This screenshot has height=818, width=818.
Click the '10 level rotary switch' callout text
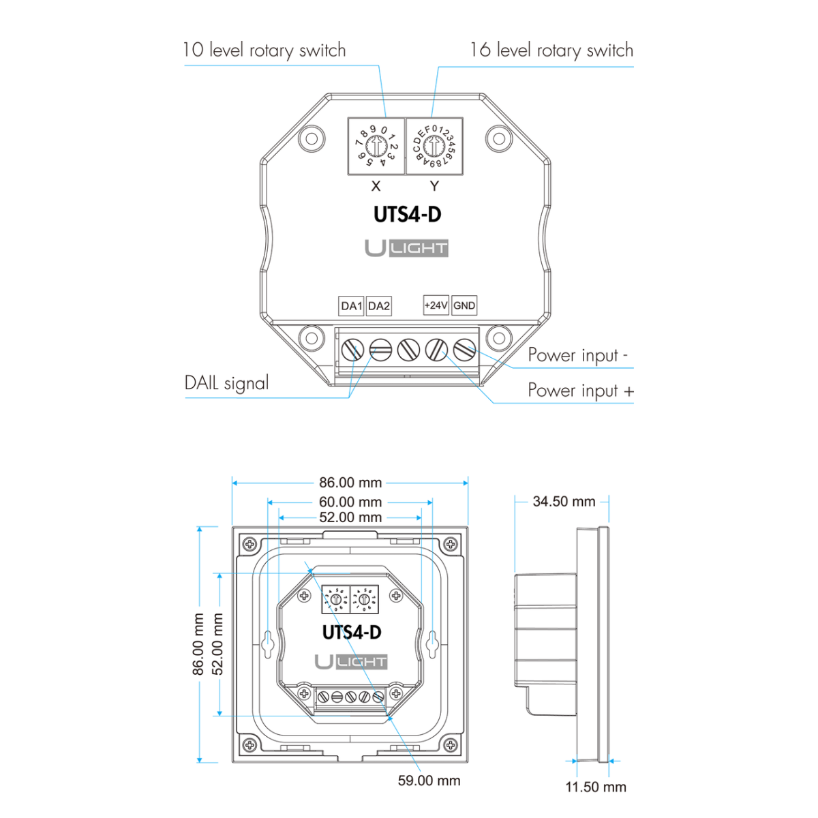pos(264,50)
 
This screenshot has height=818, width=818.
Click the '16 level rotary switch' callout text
pos(551,50)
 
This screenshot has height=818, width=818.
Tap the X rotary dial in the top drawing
pos(376,146)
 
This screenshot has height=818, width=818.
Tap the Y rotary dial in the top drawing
pos(434,146)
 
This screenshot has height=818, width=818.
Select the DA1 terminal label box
pos(351,306)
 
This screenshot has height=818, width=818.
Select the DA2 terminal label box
pos(379,306)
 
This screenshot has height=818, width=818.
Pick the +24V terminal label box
pos(436,305)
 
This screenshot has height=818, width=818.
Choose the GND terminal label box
pos(464,305)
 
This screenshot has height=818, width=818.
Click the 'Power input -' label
pos(577,355)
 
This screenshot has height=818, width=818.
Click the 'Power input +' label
pos(580,391)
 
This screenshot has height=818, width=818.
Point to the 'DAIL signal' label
pos(227,383)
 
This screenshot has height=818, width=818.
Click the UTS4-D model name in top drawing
pos(407,215)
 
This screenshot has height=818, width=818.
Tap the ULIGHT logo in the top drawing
pos(406,248)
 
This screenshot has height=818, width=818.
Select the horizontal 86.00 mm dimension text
pos(350,483)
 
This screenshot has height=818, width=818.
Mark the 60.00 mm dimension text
pos(350,502)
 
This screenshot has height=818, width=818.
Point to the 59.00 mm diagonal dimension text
pos(429,781)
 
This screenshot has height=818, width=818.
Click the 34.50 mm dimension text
pos(564,502)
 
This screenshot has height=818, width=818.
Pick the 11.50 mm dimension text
pos(595,787)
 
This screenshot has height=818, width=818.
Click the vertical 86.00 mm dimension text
pos(198,644)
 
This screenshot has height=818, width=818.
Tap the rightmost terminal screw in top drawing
pos(464,350)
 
